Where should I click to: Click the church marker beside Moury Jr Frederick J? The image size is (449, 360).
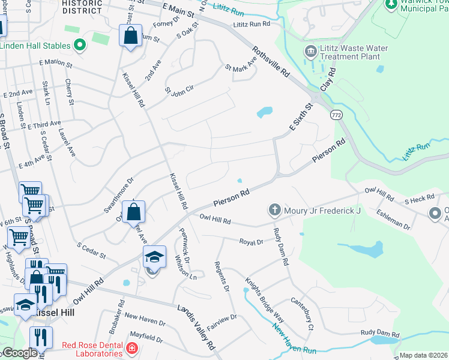(x=275, y=211)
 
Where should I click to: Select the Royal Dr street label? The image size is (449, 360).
(x=252, y=242)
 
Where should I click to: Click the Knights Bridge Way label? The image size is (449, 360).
(x=264, y=298)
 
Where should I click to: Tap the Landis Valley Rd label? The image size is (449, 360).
(x=196, y=327)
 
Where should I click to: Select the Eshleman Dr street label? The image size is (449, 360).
(x=393, y=220)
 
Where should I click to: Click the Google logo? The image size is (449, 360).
(x=20, y=353)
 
